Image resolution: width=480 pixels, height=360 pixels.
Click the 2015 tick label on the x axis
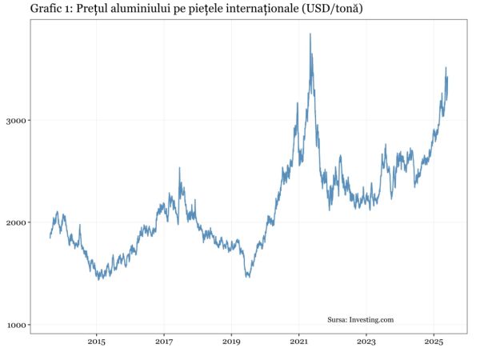(96, 342)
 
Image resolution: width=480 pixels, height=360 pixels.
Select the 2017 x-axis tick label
(163, 342)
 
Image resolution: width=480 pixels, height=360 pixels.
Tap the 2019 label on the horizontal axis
(231, 342)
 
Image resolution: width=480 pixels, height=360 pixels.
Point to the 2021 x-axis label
(298, 342)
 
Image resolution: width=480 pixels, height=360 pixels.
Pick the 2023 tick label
(366, 342)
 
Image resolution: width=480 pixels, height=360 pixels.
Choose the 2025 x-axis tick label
(434, 342)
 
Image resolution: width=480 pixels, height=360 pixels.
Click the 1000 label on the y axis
(18, 325)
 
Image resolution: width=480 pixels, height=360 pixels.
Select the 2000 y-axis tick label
(18, 222)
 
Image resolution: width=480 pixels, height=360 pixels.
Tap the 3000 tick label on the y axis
(18, 121)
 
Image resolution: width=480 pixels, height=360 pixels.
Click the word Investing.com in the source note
(372, 320)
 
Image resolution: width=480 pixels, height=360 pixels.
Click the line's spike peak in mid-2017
(179, 168)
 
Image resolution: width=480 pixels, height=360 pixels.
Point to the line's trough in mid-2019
(247, 277)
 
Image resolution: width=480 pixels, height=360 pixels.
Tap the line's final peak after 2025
(446, 68)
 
